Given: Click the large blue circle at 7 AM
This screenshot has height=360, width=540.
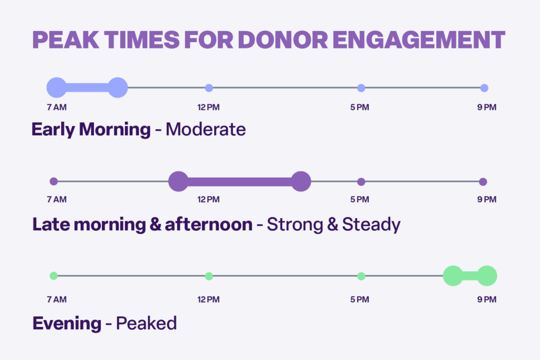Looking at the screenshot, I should (57, 87).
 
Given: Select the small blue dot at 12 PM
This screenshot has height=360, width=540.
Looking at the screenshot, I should (209, 88).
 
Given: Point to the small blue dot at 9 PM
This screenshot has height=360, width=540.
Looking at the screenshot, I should (484, 88).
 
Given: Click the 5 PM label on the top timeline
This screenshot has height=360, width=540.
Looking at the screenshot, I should (360, 108).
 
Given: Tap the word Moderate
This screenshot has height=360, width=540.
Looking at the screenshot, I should (206, 130).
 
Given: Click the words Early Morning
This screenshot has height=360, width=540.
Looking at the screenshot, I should (91, 130).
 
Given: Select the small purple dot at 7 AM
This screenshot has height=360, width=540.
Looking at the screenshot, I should (53, 181).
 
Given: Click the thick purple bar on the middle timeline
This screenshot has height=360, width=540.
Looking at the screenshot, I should (240, 182).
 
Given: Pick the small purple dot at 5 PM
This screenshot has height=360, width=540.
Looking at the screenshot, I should (361, 182).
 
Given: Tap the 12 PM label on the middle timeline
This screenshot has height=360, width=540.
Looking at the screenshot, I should (208, 200).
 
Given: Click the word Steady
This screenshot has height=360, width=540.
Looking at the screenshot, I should (371, 225).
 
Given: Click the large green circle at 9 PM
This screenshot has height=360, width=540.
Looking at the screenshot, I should (487, 276).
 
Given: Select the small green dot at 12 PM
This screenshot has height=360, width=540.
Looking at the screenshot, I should (209, 276).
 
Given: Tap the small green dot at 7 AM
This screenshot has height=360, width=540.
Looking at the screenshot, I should (53, 276).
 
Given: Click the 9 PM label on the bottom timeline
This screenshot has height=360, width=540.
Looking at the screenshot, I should (487, 300).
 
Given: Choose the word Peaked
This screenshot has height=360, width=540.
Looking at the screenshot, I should (146, 323).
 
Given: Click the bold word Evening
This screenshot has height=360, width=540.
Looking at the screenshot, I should (66, 323).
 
